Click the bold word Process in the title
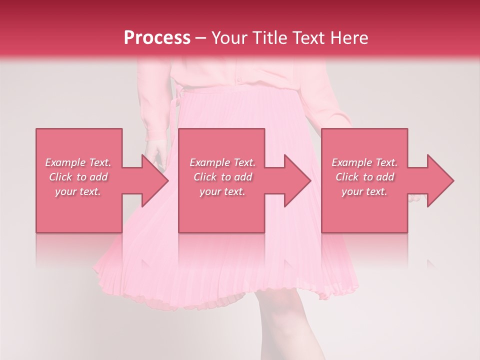point(157,38)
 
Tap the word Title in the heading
point(269,38)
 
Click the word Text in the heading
point(308,38)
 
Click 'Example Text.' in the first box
point(78,162)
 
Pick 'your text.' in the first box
point(78,191)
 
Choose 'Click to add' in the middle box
point(222,177)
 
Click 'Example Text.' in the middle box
point(222,162)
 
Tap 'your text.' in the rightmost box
point(364,191)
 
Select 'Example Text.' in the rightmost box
point(364,162)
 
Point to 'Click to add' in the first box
point(78,177)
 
